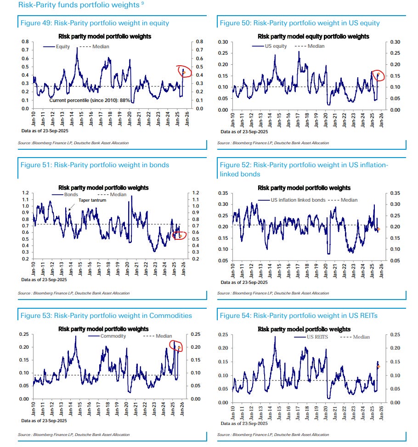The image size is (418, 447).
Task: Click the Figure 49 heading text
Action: pos(95,23)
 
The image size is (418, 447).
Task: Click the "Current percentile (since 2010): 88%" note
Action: pos(90,100)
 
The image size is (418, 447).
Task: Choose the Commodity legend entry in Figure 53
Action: pos(111,336)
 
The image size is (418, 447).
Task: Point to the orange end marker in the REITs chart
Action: pos(378,366)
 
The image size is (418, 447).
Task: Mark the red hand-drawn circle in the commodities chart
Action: pos(176,345)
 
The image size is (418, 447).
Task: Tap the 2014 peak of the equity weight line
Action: pos(77,48)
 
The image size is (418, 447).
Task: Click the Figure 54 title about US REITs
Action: pos(301,316)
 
